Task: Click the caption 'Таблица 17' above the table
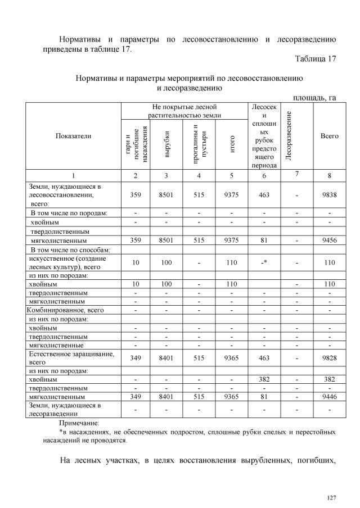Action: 315,60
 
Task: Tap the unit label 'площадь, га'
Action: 314,98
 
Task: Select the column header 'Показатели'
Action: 73,136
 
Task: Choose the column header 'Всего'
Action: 329,136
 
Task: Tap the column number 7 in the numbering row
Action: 296,174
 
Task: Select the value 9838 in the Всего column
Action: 329,194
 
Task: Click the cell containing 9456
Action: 329,240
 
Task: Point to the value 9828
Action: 329,358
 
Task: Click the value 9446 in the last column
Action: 329,396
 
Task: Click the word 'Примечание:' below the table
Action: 79,423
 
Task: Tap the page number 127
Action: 331,498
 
